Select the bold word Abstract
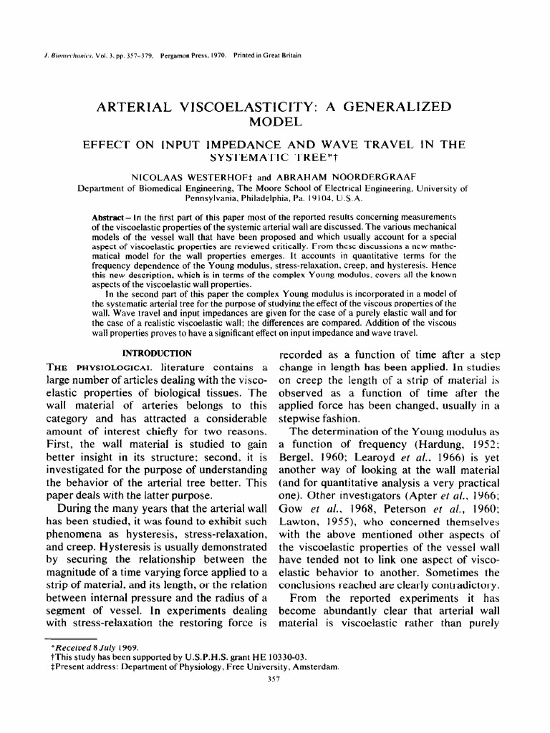point(108,217)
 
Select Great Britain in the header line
point(284,55)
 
